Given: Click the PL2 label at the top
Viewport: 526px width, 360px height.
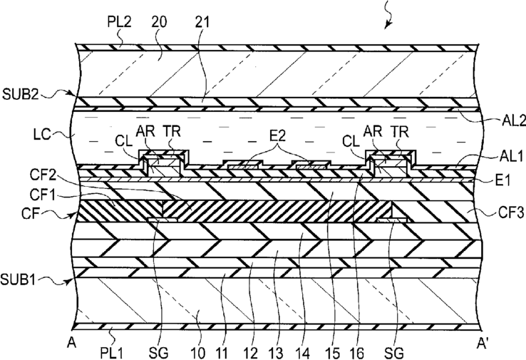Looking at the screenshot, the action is (x=120, y=21).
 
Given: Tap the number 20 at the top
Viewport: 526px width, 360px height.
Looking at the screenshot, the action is (x=159, y=22).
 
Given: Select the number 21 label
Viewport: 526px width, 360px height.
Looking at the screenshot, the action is (x=202, y=22).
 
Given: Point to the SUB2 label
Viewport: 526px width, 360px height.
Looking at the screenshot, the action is (x=21, y=95).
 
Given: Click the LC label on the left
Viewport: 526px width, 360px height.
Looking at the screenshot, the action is (x=41, y=135).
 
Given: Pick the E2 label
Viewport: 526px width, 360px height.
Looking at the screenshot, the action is (x=277, y=135).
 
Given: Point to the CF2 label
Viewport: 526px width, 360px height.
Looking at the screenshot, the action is (x=43, y=175).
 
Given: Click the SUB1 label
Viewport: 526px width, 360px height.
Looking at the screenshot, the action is (x=18, y=279).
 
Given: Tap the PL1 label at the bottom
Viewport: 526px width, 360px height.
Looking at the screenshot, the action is (x=111, y=353).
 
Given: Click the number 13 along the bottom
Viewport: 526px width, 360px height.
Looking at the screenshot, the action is (x=276, y=353).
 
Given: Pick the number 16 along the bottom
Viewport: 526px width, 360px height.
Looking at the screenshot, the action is (x=356, y=353).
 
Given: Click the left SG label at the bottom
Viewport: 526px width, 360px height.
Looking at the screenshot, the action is (x=158, y=353).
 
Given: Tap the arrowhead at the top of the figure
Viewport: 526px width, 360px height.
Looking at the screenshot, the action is (x=388, y=25).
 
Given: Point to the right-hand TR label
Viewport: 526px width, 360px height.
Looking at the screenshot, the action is (x=400, y=131).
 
